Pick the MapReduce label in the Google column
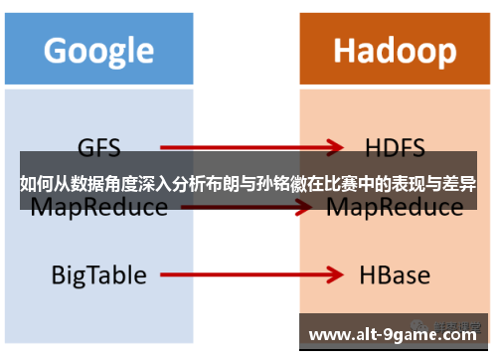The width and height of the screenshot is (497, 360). coord(97,208)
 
